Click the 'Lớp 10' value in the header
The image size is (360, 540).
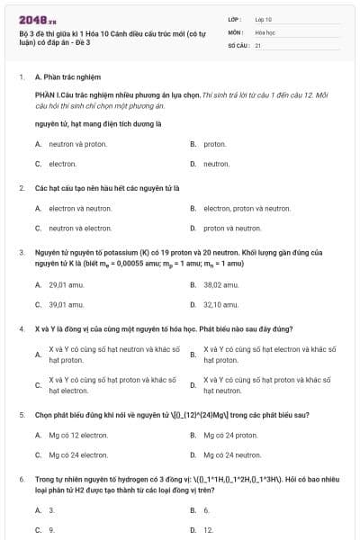click(264, 19)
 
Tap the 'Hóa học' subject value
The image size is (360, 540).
click(265, 31)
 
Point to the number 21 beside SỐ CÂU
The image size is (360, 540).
click(258, 44)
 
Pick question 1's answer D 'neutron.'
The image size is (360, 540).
click(216, 164)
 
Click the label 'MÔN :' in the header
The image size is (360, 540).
click(237, 31)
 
